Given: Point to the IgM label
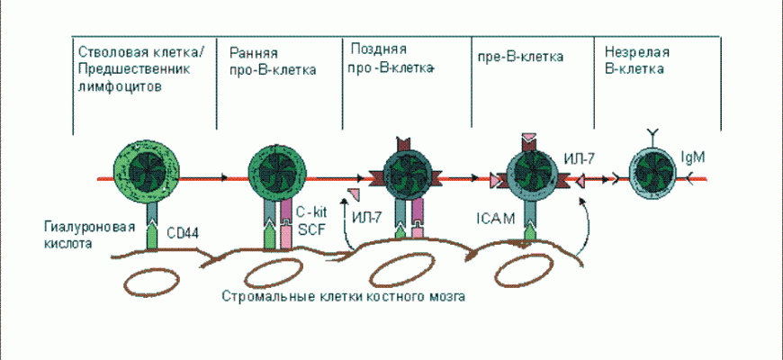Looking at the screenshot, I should [695, 157].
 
